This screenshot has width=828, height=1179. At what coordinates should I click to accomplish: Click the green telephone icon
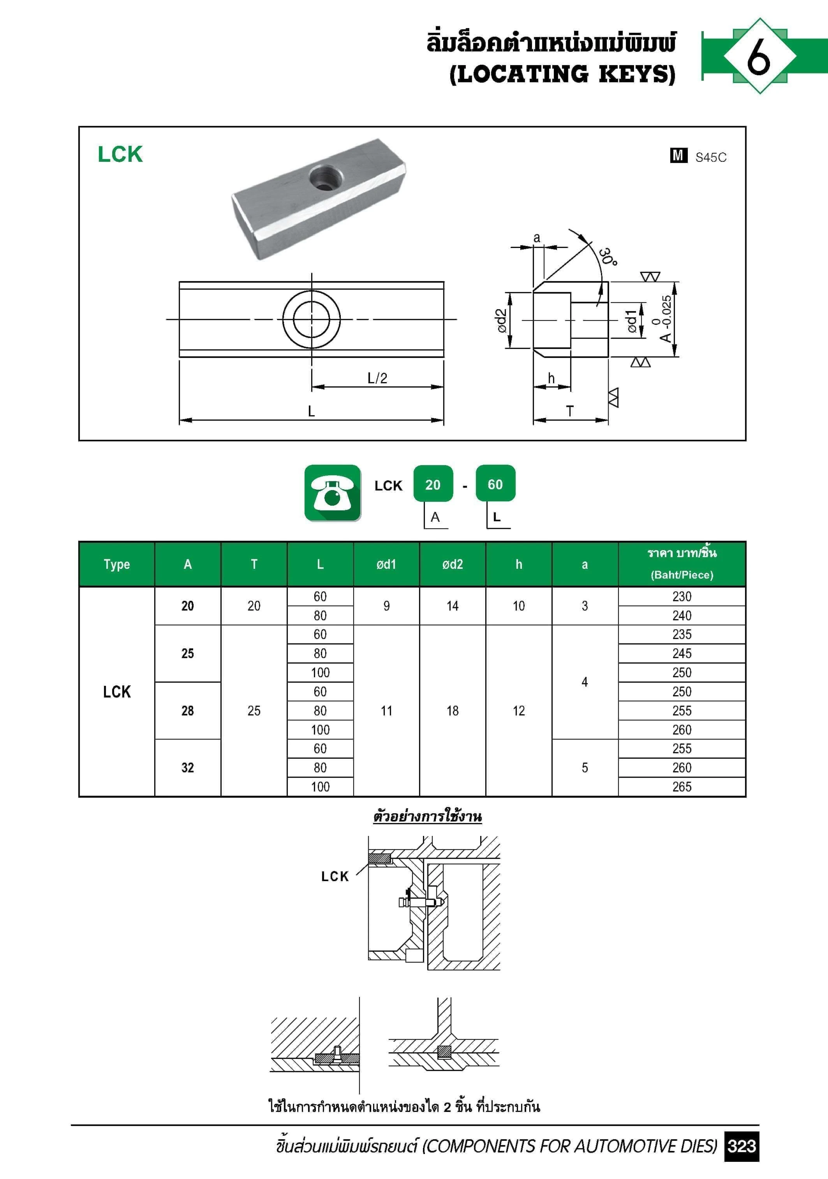[333, 492]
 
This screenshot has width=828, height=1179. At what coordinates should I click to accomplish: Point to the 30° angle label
[608, 256]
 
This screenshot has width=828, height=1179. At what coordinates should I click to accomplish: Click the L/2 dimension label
[377, 379]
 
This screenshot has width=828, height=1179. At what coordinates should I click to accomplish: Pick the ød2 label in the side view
[502, 320]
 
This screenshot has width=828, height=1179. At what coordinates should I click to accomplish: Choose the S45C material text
[710, 157]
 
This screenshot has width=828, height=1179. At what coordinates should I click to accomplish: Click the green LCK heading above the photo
[120, 154]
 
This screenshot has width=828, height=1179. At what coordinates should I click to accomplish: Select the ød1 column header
[386, 564]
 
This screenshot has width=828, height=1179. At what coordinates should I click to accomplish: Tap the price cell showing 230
[682, 597]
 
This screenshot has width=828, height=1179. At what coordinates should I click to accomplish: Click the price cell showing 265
[682, 787]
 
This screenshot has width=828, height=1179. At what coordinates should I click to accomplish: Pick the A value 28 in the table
[188, 711]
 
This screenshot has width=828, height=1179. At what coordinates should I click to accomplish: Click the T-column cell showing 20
[254, 606]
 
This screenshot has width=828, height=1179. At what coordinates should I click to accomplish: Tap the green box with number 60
[495, 484]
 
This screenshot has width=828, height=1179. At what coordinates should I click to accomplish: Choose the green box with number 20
[433, 484]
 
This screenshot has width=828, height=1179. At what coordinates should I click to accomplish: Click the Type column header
[117, 564]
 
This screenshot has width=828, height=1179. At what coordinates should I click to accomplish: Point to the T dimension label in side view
[569, 411]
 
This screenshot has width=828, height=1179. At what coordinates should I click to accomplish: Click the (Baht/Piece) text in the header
[682, 575]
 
